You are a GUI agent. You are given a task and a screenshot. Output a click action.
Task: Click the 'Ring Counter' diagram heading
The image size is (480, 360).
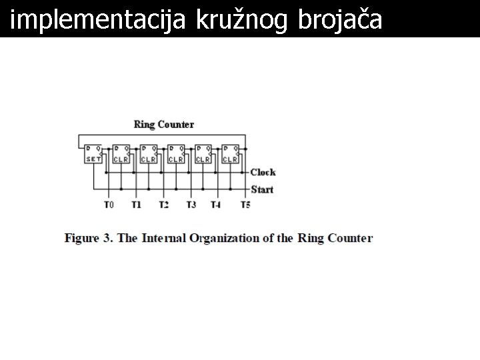pos(164,124)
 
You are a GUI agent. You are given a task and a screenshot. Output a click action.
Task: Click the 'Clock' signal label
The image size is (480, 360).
pos(263,172)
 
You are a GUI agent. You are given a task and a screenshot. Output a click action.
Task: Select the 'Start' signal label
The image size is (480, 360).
pos(262,189)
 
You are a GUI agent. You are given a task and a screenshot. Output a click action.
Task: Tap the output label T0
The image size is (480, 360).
pos(109,205)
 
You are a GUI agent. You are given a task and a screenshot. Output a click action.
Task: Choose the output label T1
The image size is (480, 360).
pos(136,205)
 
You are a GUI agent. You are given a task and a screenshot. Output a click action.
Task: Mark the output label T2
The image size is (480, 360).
pos(163,205)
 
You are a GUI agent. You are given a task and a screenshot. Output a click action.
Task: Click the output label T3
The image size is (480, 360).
pos(191,205)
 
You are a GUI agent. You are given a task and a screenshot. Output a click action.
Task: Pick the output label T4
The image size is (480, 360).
pos(215,205)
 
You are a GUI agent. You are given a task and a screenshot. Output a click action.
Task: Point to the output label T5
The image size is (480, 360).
pos(245,205)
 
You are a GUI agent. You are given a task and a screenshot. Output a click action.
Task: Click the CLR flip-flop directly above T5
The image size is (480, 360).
pos(230,154)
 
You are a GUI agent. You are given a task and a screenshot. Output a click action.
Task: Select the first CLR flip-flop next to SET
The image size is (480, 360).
pos(121,154)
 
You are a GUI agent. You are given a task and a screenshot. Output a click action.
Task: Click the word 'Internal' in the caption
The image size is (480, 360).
pos(164,238)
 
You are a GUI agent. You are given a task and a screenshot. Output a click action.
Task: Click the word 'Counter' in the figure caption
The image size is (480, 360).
pos(349,238)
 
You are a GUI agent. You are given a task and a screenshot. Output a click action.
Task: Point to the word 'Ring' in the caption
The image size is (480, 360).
pos(309,238)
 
